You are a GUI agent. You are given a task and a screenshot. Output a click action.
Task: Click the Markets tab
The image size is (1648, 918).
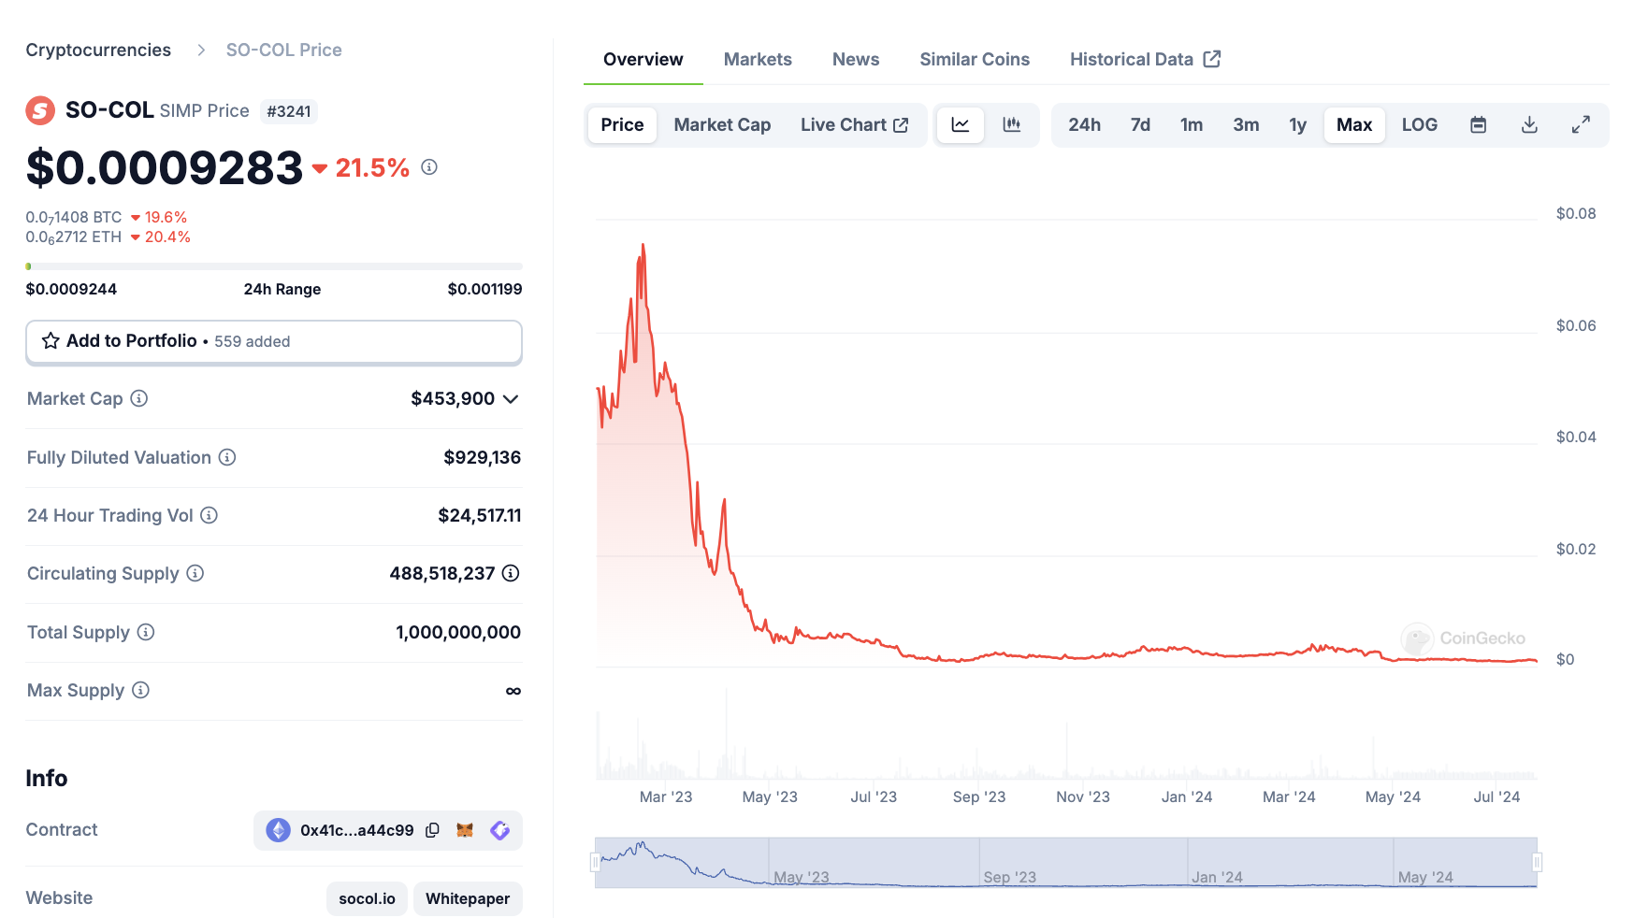758,59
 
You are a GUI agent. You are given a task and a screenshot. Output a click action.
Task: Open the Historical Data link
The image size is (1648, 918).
1145,59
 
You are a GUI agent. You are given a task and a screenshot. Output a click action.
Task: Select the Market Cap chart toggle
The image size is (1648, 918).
722,124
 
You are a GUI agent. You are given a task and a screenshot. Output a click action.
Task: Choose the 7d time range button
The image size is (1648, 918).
1140,124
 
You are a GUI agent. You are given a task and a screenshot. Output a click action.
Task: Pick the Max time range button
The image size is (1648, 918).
1354,124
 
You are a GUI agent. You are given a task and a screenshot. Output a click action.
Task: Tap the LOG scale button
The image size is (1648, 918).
1419,124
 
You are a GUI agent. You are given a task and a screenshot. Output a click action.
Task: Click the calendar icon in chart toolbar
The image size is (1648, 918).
1478,124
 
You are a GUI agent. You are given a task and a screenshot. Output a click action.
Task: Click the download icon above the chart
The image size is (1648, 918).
1529,124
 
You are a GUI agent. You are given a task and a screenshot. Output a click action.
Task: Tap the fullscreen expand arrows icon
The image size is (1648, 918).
1581,124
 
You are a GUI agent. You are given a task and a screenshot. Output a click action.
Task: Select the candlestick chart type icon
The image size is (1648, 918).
1011,124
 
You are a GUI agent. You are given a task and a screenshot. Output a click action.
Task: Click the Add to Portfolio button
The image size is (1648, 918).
274,341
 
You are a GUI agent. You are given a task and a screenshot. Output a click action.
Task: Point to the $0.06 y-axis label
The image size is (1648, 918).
1576,325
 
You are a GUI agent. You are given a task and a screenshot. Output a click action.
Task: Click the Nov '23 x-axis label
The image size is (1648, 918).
1083,796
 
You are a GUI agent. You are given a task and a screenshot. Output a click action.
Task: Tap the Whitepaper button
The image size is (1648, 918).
468,898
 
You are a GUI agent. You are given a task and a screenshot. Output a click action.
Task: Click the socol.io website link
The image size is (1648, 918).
367,898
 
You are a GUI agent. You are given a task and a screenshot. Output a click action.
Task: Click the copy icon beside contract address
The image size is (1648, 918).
432,830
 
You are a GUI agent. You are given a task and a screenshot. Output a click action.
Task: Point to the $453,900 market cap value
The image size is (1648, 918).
453,398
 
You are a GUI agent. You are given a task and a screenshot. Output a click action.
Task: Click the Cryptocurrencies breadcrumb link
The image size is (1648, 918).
98,50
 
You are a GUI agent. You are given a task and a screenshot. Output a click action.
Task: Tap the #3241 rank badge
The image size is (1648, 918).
289,111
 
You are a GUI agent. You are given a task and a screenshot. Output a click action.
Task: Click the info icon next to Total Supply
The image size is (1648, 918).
146,632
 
